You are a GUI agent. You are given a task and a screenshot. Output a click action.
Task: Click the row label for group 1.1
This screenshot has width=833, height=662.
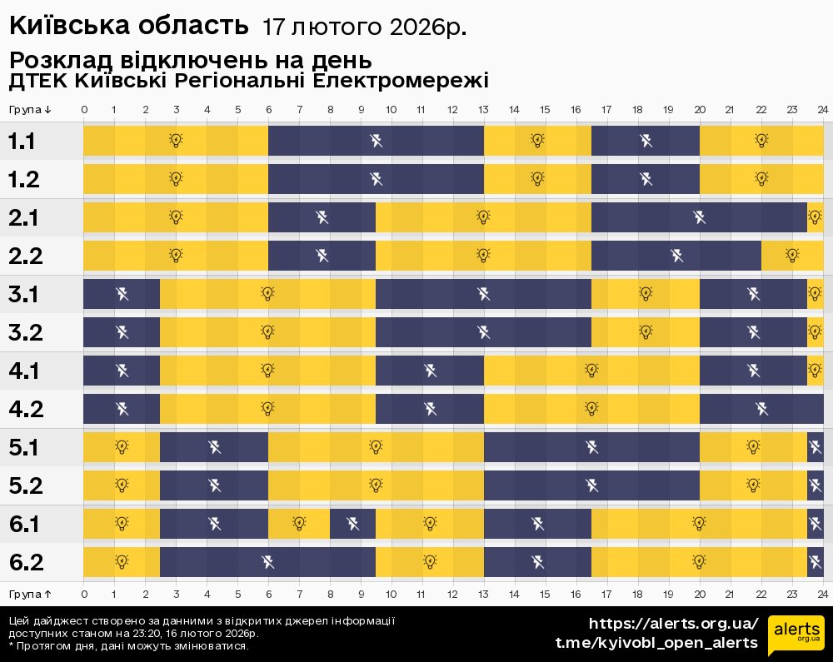(22, 142)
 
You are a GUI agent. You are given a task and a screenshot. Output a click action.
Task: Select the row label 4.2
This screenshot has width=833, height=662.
(25, 409)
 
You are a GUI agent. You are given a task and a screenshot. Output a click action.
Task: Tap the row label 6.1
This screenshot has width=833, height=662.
(25, 525)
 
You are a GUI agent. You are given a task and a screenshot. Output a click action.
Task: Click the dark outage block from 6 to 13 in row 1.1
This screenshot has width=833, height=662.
(376, 140)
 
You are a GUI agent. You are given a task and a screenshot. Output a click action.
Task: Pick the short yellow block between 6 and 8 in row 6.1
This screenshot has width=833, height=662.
(299, 524)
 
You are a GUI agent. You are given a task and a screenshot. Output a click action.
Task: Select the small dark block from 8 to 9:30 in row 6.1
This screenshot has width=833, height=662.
(352, 524)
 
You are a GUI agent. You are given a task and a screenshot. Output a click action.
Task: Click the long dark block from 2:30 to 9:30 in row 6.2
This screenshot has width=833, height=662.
(267, 562)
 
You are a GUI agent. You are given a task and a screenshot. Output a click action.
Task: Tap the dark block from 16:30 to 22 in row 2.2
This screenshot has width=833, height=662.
(676, 256)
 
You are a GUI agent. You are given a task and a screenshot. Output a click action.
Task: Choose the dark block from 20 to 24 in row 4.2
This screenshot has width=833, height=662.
(761, 409)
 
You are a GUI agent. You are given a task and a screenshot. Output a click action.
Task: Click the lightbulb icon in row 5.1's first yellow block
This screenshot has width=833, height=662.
(122, 447)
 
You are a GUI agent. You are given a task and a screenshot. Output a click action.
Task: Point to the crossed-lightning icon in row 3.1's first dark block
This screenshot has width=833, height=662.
(122, 293)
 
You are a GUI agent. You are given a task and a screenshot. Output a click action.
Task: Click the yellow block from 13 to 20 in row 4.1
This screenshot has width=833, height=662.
(591, 371)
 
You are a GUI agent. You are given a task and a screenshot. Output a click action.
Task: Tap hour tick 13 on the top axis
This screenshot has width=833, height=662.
(484, 110)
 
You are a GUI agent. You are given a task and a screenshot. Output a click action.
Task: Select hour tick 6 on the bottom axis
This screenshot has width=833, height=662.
(268, 594)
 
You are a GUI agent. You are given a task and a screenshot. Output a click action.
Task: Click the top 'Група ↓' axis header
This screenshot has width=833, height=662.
(31, 110)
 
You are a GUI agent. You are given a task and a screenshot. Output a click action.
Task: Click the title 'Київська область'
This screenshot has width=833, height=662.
(129, 26)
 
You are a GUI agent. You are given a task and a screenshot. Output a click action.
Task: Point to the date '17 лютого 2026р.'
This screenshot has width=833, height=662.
(364, 27)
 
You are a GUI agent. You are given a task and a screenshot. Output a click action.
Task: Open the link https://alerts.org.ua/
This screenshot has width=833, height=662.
(674, 624)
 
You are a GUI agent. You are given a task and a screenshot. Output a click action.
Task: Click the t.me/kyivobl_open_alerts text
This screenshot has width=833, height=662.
(656, 643)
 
